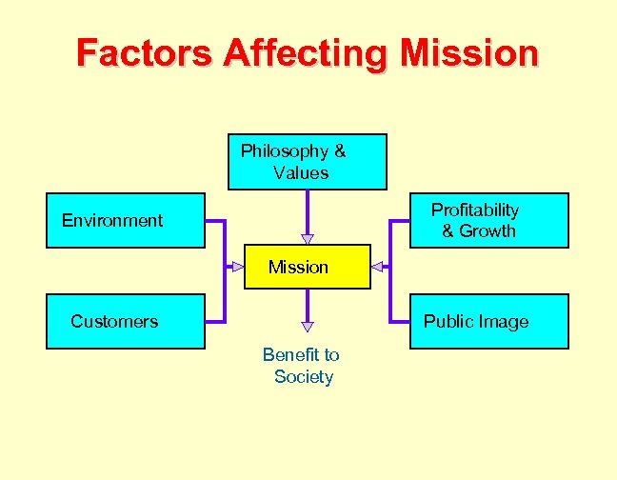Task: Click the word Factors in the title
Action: click(145, 52)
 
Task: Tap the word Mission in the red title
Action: click(469, 52)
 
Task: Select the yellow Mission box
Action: click(308, 268)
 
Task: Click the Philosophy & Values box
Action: click(307, 162)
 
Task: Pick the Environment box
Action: click(126, 221)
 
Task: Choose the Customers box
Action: click(126, 321)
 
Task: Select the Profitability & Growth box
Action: click(488, 220)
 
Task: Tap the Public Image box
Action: click(488, 321)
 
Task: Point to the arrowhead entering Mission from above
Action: click(307, 238)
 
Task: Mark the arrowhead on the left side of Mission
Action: click(238, 268)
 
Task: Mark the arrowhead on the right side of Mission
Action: click(377, 268)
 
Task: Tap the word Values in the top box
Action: click(300, 173)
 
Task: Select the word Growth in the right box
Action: click(488, 231)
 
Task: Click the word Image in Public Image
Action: click(504, 322)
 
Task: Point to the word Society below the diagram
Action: click(304, 377)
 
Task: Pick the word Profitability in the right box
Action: click(475, 210)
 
